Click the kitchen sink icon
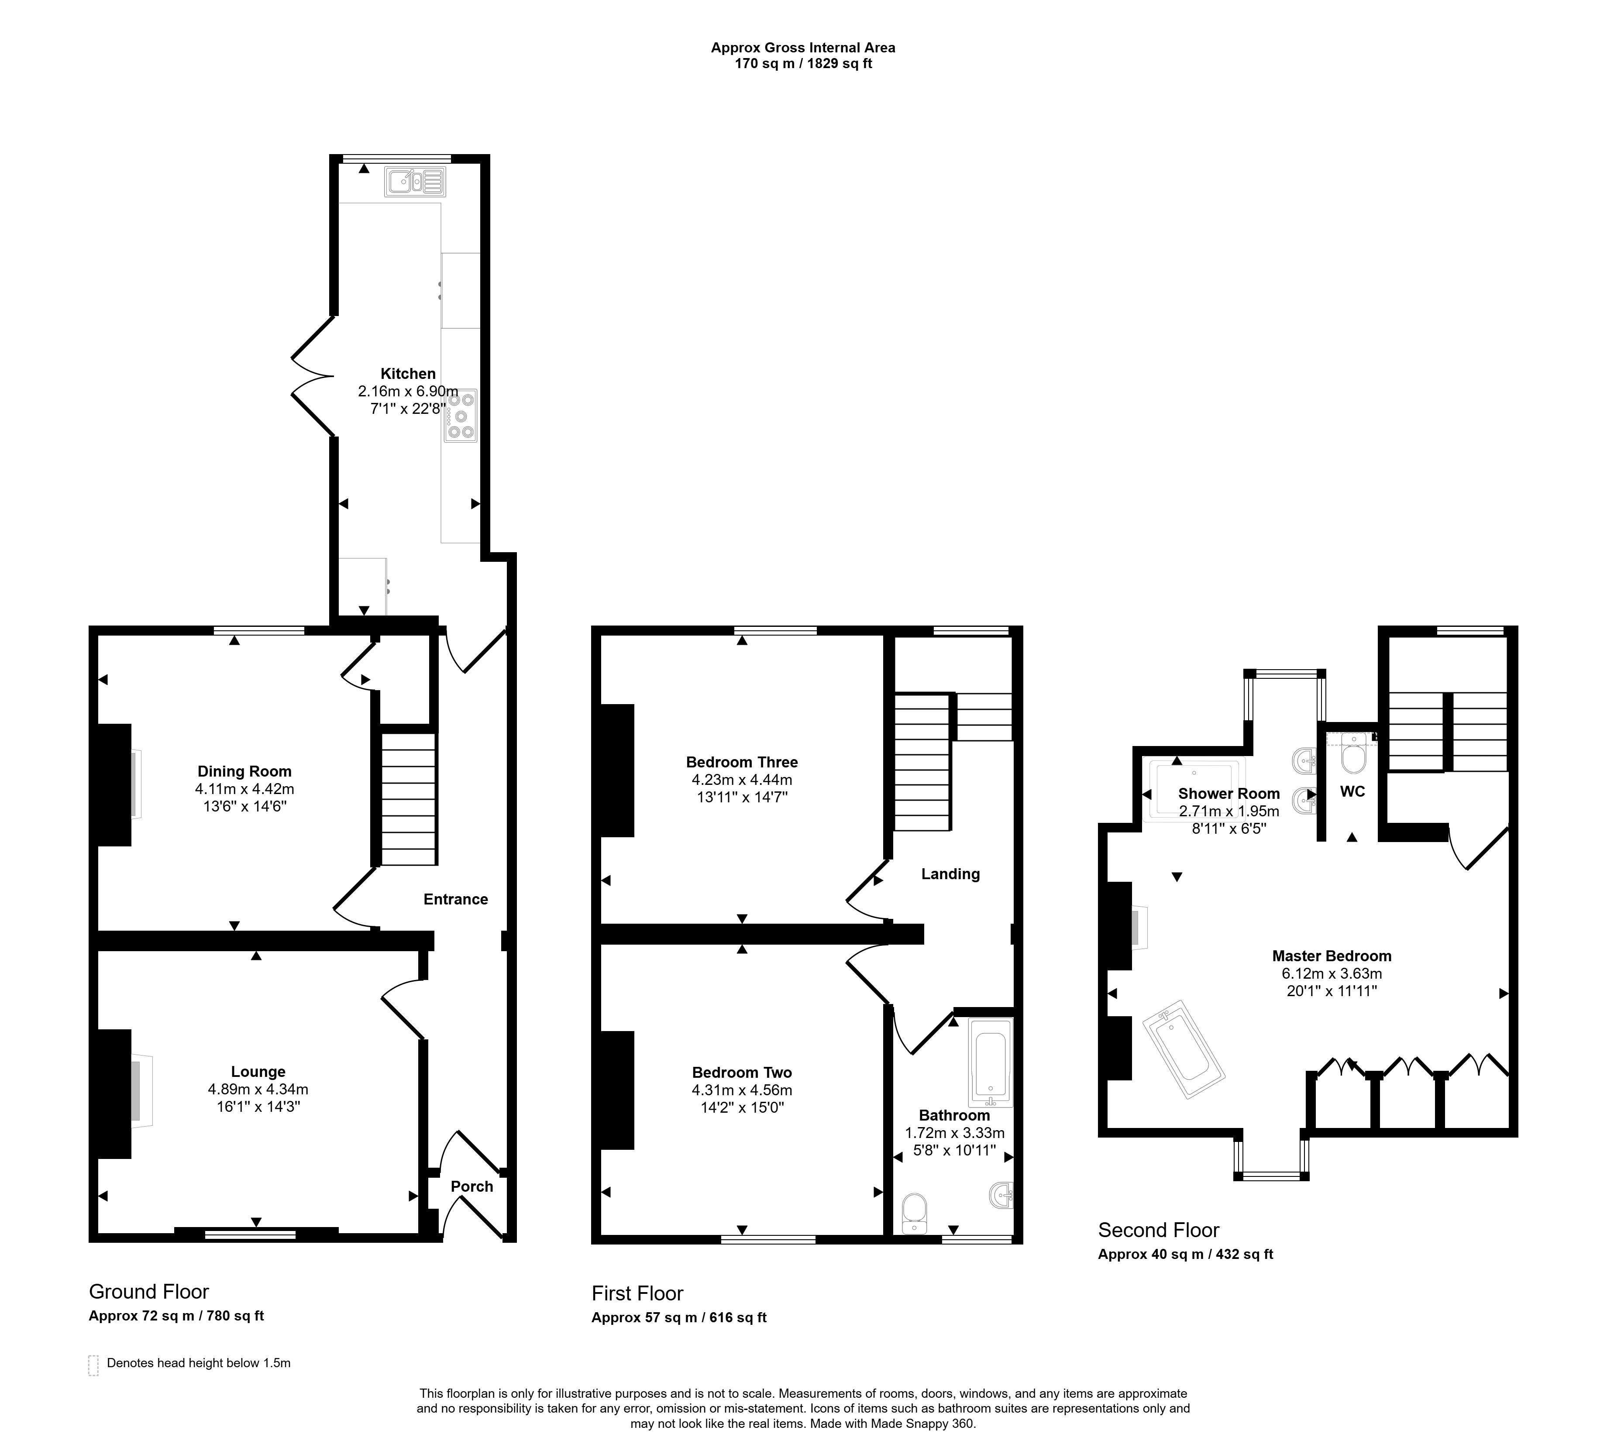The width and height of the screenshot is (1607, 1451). pos(414,182)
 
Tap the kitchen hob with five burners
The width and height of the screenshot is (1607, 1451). pos(461,416)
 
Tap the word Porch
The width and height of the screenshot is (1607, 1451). pos(472,1186)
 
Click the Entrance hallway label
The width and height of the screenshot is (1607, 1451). pos(455,899)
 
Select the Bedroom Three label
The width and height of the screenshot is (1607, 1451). pos(742,762)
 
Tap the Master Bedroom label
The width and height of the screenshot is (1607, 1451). pos(1332,956)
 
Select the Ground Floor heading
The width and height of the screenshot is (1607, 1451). pos(149,1292)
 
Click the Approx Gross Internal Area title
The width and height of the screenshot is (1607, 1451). pos(803,48)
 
